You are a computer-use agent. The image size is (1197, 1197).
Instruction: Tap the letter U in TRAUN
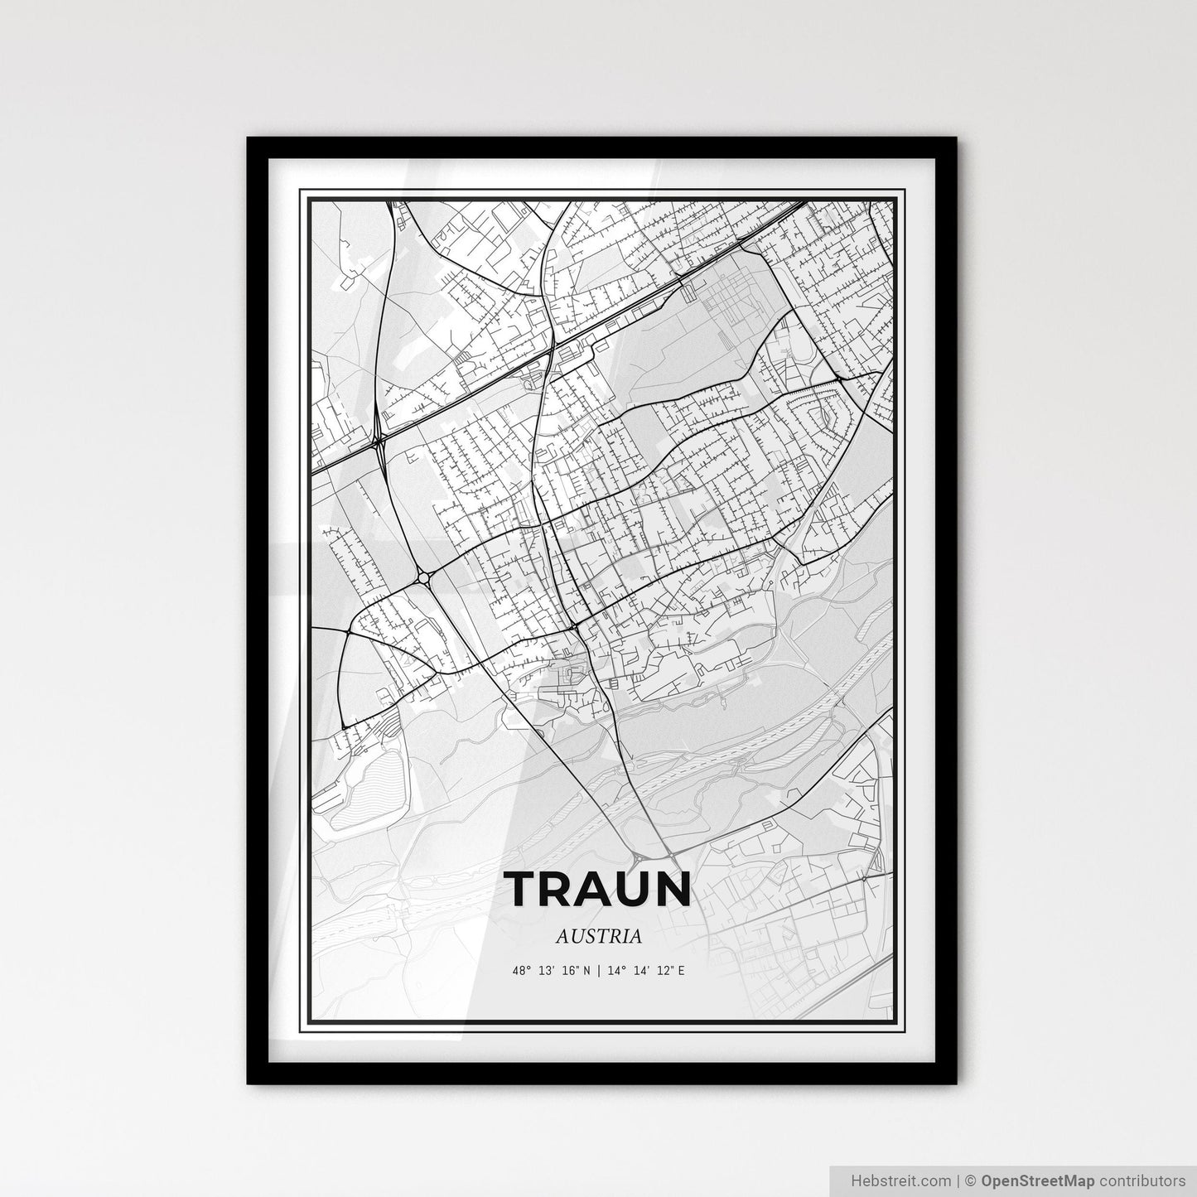click(x=632, y=889)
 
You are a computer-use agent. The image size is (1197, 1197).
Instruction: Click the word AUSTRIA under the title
click(x=599, y=936)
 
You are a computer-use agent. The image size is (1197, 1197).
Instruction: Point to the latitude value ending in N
click(x=551, y=969)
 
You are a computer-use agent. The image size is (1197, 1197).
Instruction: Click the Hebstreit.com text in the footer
click(x=888, y=1180)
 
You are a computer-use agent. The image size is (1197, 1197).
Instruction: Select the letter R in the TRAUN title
click(x=556, y=889)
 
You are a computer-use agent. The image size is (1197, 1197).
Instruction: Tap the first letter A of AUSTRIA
click(x=562, y=936)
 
